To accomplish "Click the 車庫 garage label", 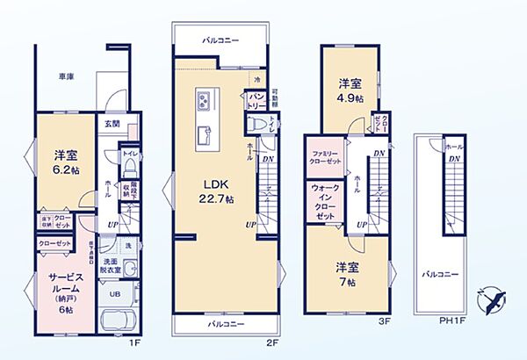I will [65, 76].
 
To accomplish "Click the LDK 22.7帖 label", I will [217, 191].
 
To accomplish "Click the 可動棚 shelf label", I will [274, 98].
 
